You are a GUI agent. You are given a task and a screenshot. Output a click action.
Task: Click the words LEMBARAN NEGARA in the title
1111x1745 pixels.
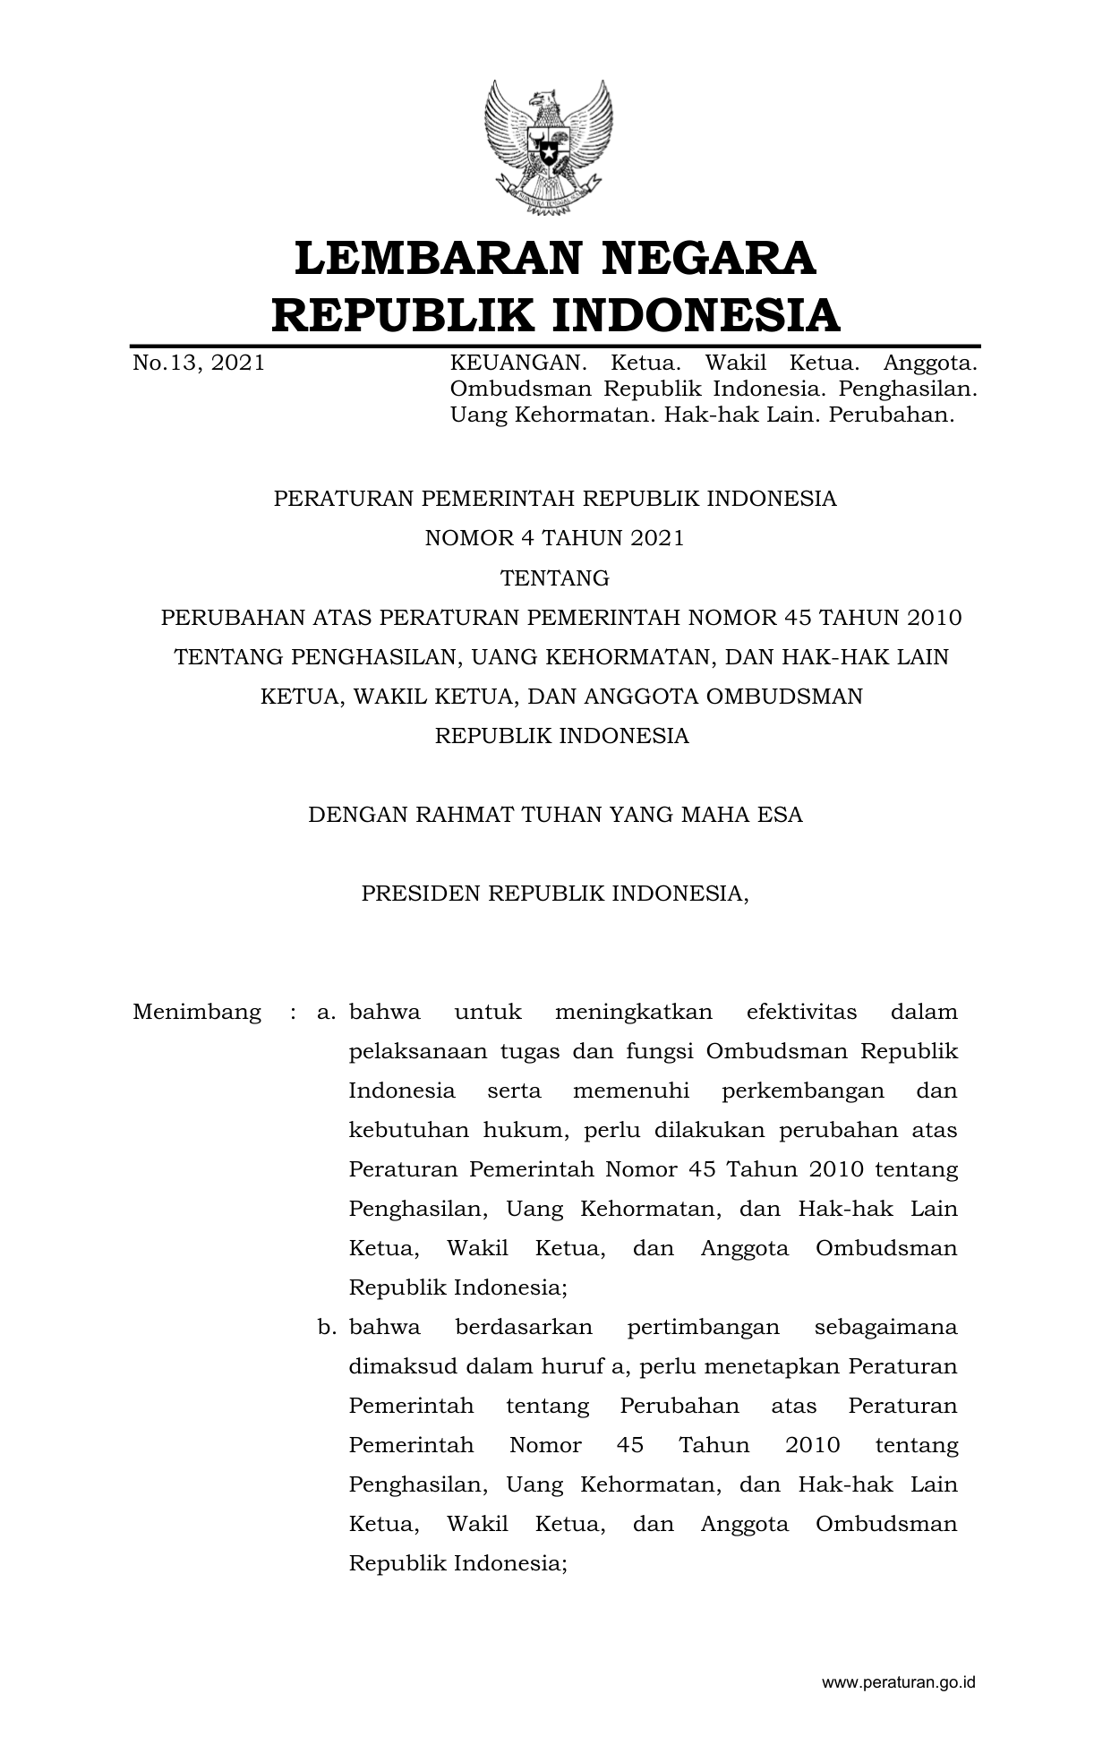[x=555, y=258]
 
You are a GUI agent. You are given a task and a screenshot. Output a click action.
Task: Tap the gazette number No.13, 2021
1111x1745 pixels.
[x=199, y=364]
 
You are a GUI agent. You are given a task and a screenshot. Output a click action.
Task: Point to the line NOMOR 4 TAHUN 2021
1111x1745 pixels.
[x=555, y=538]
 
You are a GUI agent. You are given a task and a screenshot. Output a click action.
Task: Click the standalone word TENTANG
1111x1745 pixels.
[x=555, y=578]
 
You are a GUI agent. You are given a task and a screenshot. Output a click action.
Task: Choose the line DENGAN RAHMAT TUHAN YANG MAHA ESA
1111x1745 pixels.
[x=555, y=815]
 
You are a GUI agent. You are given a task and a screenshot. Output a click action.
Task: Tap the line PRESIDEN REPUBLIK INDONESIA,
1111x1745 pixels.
[x=555, y=894]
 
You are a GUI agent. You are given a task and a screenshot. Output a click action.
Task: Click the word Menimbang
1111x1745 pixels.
[x=197, y=1013]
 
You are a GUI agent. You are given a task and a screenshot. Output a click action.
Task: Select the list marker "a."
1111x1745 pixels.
[x=326, y=1013]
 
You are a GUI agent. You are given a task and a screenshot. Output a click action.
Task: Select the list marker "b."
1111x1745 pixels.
[x=326, y=1328]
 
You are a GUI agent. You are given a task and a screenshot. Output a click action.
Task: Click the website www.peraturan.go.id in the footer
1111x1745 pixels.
[x=899, y=1682]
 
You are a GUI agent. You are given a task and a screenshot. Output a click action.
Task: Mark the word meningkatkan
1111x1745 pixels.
[x=634, y=1013]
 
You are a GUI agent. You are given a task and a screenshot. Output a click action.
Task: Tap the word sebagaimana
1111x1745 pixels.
[x=886, y=1328]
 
